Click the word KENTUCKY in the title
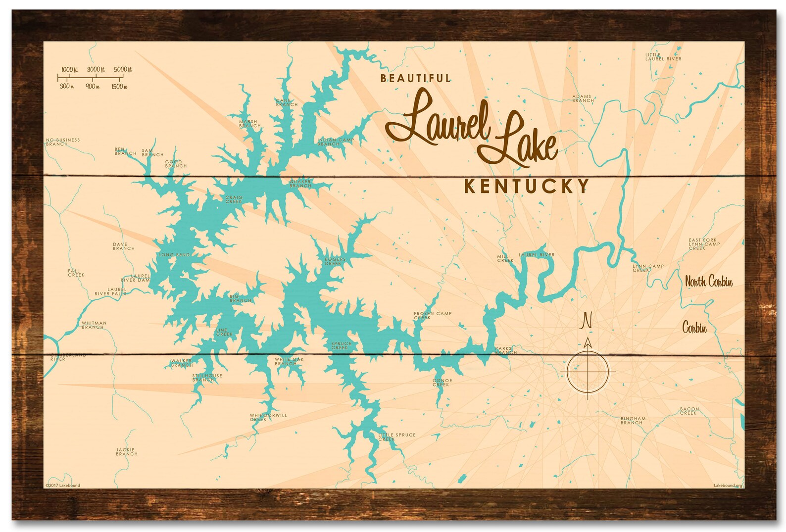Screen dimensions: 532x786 tap(527, 186)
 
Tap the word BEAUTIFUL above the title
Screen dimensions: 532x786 tap(416, 78)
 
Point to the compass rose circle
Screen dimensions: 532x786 tap(588, 371)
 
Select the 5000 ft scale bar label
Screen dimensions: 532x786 tap(122, 69)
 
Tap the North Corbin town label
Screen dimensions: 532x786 tap(708, 282)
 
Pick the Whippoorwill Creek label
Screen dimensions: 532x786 tap(268, 417)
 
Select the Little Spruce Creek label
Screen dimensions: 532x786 tap(396, 437)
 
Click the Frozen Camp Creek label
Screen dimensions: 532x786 tap(432, 315)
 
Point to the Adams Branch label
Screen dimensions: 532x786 tap(583, 98)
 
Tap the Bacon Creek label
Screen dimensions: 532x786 tap(689, 411)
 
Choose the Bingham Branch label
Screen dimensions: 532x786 tap(633, 420)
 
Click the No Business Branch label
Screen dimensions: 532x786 tap(63, 142)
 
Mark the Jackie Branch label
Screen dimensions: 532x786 tap(126, 451)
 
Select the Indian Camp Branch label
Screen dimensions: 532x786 tap(335, 142)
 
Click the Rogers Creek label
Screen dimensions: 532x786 tap(335, 261)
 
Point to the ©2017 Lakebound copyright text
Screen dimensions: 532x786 tap(62, 485)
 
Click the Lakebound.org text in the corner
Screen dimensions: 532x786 tap(728, 485)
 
